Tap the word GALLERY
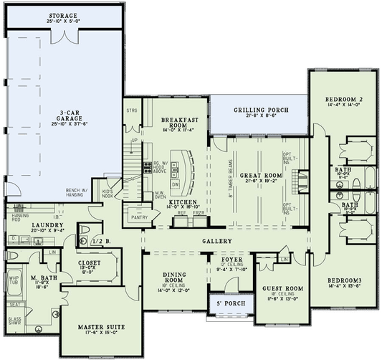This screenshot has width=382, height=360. [216, 241]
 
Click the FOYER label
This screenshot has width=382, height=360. [231, 260]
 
